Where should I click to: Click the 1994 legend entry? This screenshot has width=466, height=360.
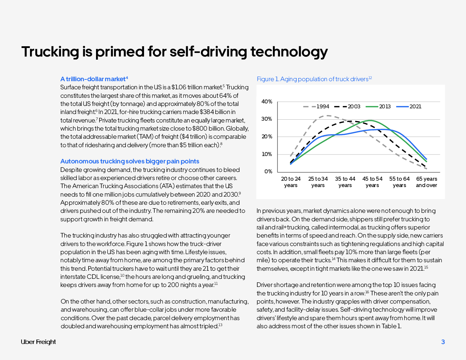pyautogui.click(x=316, y=107)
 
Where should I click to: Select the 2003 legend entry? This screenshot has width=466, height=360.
pyautogui.click(x=347, y=107)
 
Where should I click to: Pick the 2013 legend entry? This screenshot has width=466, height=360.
pyautogui.click(x=378, y=107)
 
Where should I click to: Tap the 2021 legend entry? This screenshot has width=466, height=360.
pyautogui.click(x=409, y=107)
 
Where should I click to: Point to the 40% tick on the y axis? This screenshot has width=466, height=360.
pyautogui.click(x=267, y=102)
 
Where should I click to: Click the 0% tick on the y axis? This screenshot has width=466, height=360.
pyautogui.click(x=268, y=172)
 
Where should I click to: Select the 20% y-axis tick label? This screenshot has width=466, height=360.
pyautogui.click(x=267, y=137)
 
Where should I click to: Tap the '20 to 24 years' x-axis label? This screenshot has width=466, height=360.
pyautogui.click(x=291, y=182)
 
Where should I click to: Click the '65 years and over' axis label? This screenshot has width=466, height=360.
pyautogui.click(x=426, y=182)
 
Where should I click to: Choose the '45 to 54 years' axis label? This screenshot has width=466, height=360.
pyautogui.click(x=372, y=182)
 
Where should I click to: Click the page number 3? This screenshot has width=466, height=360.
pyautogui.click(x=443, y=342)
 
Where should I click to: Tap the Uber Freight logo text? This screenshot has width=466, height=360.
pyautogui.click(x=38, y=342)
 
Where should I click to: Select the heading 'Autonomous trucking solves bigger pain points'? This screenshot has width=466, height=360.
pyautogui.click(x=130, y=161)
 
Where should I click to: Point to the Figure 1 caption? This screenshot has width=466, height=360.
pyautogui.click(x=314, y=79)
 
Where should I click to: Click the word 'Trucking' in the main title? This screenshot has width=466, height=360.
pyautogui.click(x=50, y=52)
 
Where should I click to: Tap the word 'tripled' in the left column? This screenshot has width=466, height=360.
pyautogui.click(x=209, y=326)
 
